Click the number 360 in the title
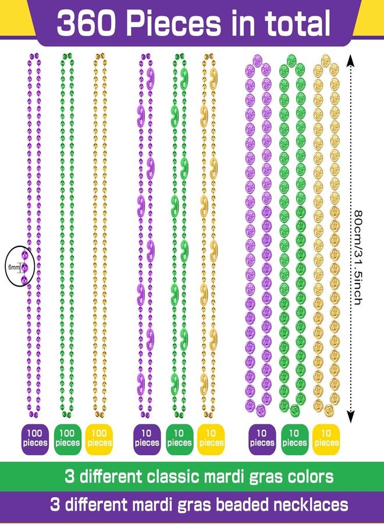coord(87,22)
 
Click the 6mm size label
coord(14,267)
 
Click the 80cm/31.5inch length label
coord(358,257)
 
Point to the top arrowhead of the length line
coord(350,60)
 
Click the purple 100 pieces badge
coord(35,438)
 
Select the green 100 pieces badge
coord(67,438)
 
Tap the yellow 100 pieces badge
coord(99,438)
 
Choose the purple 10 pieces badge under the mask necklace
coord(147,438)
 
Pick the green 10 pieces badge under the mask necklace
coord(179,438)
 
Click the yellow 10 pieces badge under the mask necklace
coord(211,438)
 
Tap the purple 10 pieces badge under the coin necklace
coord(262,438)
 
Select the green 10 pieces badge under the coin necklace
coord(294,438)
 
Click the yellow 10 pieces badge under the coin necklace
coord(326,438)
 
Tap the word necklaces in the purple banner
coord(311,505)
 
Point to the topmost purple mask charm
coord(150,79)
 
